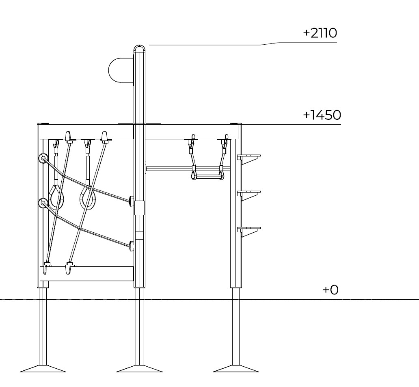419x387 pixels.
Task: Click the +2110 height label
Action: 320,33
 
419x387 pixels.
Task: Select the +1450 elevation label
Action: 322,115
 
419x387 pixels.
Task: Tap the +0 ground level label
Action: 330,290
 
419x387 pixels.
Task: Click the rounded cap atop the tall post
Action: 139,48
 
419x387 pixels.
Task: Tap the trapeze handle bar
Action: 207,176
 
